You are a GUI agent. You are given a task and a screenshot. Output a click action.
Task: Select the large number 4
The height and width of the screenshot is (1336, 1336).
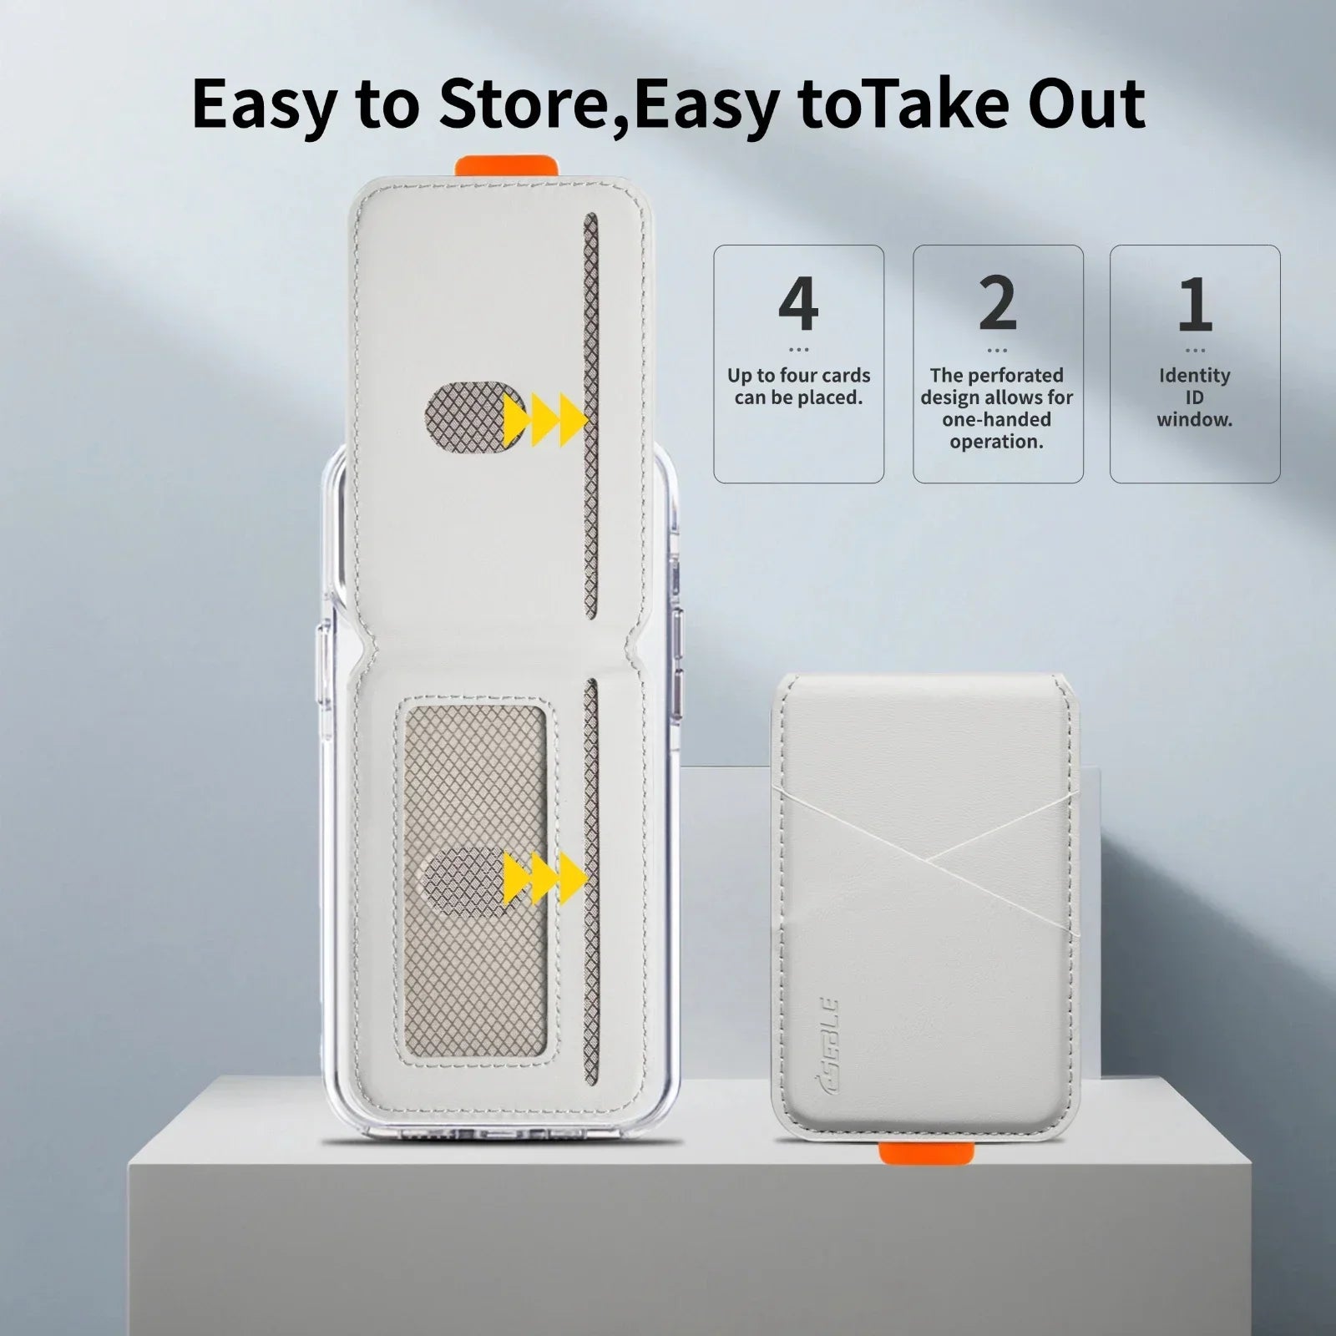[x=797, y=304]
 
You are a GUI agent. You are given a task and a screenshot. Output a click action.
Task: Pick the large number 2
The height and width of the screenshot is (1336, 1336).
[x=997, y=304]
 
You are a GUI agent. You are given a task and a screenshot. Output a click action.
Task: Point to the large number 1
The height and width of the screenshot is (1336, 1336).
[x=1195, y=304]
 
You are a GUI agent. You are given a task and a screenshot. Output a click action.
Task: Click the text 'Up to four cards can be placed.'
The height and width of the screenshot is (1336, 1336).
[x=798, y=387]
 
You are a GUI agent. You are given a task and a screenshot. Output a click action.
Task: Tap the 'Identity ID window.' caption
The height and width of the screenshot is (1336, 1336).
[x=1194, y=397]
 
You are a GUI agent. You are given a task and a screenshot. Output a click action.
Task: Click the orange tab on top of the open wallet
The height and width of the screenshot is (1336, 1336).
[x=506, y=165]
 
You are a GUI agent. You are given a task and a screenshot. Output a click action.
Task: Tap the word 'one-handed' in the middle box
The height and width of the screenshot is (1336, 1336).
[x=996, y=420]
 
